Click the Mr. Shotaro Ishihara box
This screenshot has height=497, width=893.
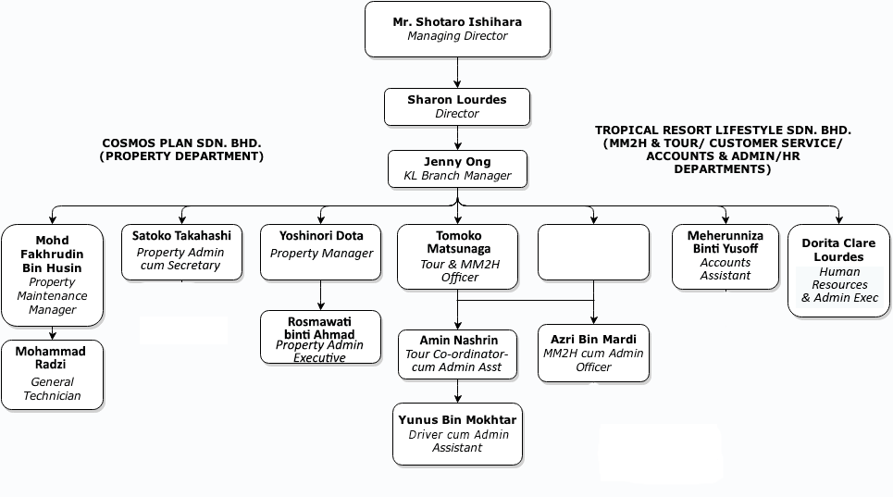[x=457, y=29]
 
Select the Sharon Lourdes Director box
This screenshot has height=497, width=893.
[x=457, y=106]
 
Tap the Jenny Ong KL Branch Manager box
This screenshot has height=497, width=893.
[x=457, y=169]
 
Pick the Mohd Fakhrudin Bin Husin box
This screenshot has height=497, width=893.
[x=53, y=275]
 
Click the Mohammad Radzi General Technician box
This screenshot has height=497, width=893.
[x=53, y=375]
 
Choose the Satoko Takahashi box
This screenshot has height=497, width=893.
[x=181, y=252]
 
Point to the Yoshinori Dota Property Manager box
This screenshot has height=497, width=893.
[x=320, y=252]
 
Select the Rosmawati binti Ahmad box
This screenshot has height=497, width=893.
[x=320, y=337]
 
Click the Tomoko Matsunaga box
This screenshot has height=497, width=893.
[x=458, y=256]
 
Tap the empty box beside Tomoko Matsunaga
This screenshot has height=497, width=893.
[x=593, y=252]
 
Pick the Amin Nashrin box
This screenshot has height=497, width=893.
[x=458, y=354]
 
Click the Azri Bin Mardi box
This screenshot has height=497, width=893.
[x=593, y=353]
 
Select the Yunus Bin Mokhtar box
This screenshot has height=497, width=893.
[x=457, y=434]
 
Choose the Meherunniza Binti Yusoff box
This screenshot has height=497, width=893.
[x=725, y=256]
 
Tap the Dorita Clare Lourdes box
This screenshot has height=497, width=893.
[x=838, y=270]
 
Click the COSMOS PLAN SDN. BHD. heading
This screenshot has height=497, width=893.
[x=181, y=150]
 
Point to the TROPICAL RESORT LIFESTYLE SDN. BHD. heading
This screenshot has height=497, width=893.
[x=723, y=150]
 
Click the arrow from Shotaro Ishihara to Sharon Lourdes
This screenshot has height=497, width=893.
[x=457, y=72]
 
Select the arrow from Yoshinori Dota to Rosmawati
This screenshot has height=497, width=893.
[x=320, y=295]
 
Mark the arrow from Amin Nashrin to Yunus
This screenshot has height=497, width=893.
[x=458, y=391]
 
